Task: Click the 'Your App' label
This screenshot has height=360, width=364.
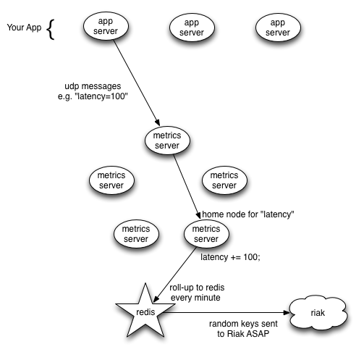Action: point(24,28)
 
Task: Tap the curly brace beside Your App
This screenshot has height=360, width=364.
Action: point(51,29)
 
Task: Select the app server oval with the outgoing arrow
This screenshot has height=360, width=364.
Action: point(106,26)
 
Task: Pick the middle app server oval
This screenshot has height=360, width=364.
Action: point(192,28)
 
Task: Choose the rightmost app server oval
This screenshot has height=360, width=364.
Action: point(278,28)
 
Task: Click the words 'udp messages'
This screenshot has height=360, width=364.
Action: point(93,86)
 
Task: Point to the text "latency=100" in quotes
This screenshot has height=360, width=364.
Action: point(101,96)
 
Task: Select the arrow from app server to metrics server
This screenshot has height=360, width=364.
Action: point(137,83)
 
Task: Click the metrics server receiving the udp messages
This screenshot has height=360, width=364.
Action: point(167,141)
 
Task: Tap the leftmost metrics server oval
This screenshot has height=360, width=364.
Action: point(111,180)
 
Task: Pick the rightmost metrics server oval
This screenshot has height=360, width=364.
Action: point(224,180)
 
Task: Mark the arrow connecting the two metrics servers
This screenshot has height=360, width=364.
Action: point(187,187)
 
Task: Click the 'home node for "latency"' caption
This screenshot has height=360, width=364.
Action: point(248,214)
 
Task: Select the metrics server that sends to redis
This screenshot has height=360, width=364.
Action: point(206,234)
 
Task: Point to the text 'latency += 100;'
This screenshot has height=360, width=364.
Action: point(230,257)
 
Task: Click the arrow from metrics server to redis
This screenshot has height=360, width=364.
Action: point(175,275)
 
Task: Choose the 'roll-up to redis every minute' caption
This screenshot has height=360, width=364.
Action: point(197,293)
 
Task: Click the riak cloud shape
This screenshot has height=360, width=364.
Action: point(318,313)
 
